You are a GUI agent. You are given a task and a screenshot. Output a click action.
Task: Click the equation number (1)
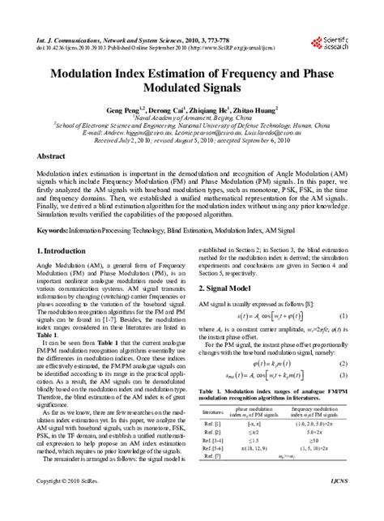[343, 315]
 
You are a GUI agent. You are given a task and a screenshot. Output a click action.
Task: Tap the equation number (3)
[343, 378]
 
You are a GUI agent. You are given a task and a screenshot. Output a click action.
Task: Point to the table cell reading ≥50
[316, 440]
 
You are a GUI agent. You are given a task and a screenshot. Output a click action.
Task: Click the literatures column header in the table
[214, 412]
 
